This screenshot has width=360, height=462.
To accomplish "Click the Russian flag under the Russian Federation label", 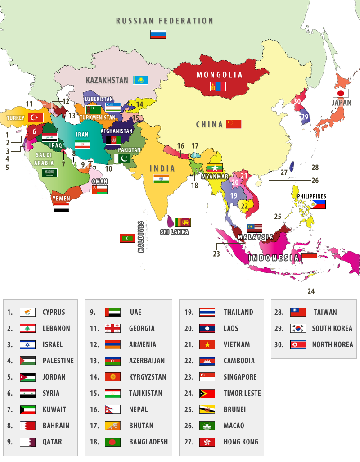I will [158, 34].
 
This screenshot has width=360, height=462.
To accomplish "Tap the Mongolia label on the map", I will [220, 75].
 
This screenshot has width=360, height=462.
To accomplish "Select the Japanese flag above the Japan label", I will [341, 93].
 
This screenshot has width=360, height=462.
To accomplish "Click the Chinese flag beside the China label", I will [234, 124].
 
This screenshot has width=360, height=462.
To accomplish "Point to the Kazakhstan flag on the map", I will [140, 80].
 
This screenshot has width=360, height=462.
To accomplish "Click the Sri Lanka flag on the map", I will [183, 222].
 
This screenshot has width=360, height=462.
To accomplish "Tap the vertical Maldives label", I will [140, 236].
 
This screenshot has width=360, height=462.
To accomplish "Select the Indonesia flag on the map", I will [309, 258].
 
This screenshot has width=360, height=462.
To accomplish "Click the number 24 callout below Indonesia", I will [311, 291].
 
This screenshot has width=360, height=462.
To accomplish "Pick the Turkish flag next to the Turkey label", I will [36, 118].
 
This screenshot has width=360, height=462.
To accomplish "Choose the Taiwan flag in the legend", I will [298, 312].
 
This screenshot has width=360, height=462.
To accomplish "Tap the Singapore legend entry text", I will [240, 377].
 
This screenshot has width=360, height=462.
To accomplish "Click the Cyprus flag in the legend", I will [27, 312].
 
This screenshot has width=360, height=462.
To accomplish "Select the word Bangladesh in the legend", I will [148, 442].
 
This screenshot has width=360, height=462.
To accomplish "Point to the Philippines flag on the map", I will [318, 204].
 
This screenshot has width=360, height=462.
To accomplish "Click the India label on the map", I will [162, 168].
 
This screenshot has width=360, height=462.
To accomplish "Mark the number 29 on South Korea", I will [305, 117].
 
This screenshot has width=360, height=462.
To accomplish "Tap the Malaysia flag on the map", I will [254, 228].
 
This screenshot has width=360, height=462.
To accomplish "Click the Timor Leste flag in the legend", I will [207, 393].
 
